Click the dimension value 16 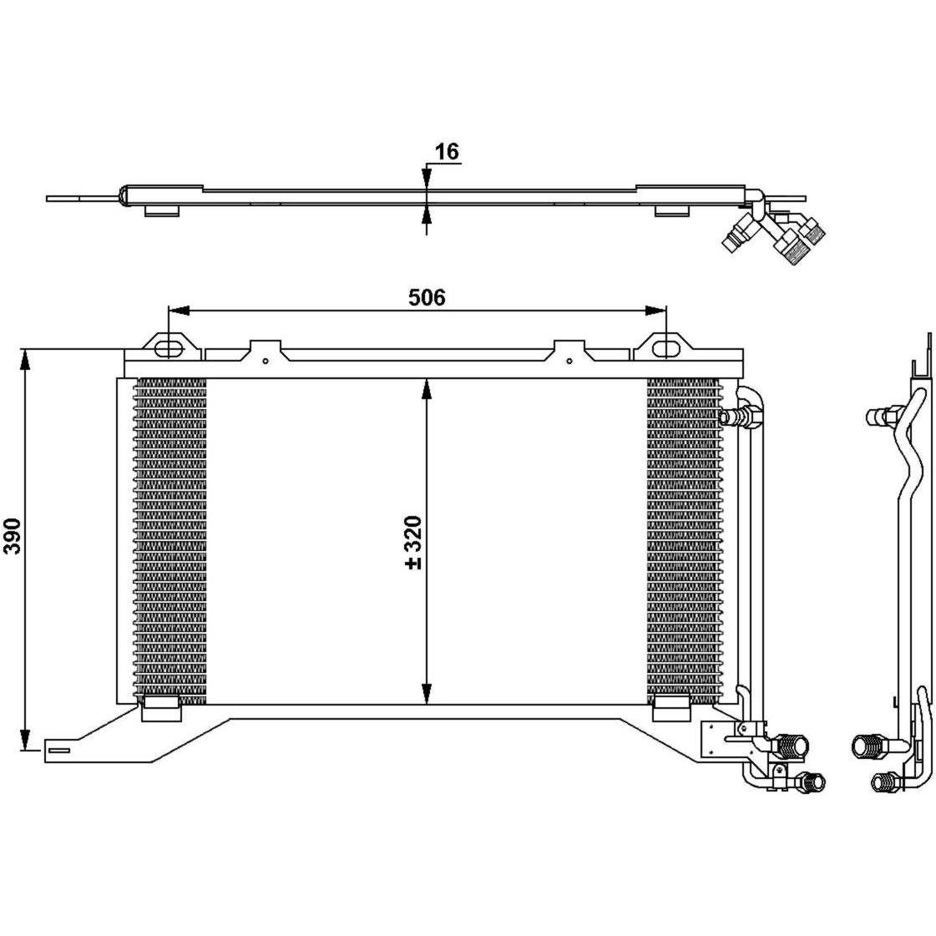[447, 152]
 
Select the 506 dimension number [427, 296]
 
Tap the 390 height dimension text [13, 536]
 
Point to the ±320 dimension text [413, 542]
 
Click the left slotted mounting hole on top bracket [169, 349]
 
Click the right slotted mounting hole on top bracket [665, 349]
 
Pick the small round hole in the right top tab [569, 361]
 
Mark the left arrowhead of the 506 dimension [179, 311]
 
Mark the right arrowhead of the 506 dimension [656, 311]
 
